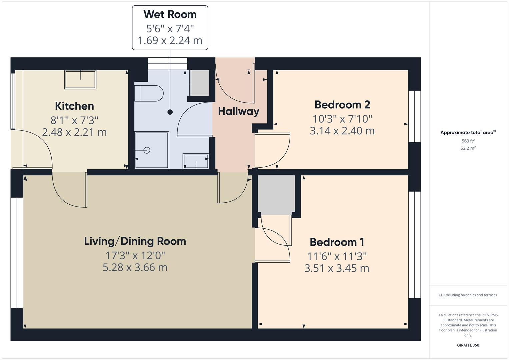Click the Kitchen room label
(x=74, y=106)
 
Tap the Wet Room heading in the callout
(x=170, y=14)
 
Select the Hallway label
(x=238, y=111)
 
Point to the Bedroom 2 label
(x=342, y=105)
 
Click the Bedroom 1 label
(x=337, y=242)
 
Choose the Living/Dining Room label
(x=135, y=241)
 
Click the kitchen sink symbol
(x=80, y=80)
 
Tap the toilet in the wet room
(x=149, y=93)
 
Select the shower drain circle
(x=147, y=150)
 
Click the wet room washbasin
(x=196, y=161)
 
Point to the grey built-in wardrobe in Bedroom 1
(x=276, y=195)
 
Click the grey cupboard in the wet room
(x=200, y=83)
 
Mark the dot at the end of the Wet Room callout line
(x=170, y=112)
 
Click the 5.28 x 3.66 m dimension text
(x=135, y=267)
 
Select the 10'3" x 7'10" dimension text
(x=342, y=119)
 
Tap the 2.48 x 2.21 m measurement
(x=74, y=132)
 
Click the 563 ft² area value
(x=468, y=141)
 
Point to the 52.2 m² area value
(x=468, y=148)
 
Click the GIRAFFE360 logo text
(x=468, y=345)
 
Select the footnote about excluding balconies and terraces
(x=468, y=295)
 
